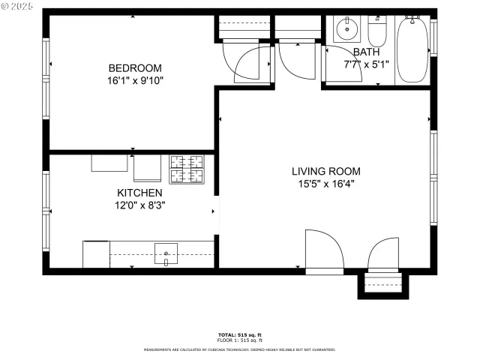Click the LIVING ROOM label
[325, 171]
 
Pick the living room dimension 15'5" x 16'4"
[325, 183]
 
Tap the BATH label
[367, 52]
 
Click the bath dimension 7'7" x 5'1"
[367, 64]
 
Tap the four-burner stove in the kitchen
[186, 169]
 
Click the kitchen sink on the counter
[166, 253]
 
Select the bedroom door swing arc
[249, 64]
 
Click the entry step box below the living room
[382, 285]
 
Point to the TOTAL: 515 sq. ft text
[239, 334]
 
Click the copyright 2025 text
[16, 6]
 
